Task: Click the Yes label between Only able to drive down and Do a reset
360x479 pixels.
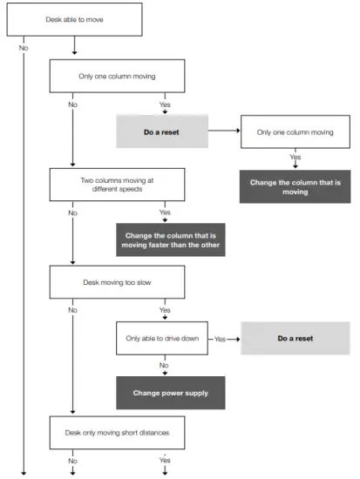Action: coord(221,338)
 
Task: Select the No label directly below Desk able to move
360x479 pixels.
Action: coord(24,48)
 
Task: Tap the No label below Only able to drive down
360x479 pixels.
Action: coord(165,365)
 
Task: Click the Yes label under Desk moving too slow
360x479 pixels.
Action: coord(165,310)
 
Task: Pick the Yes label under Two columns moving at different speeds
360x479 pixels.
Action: coord(165,213)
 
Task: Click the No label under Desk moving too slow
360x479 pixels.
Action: coord(73,310)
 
